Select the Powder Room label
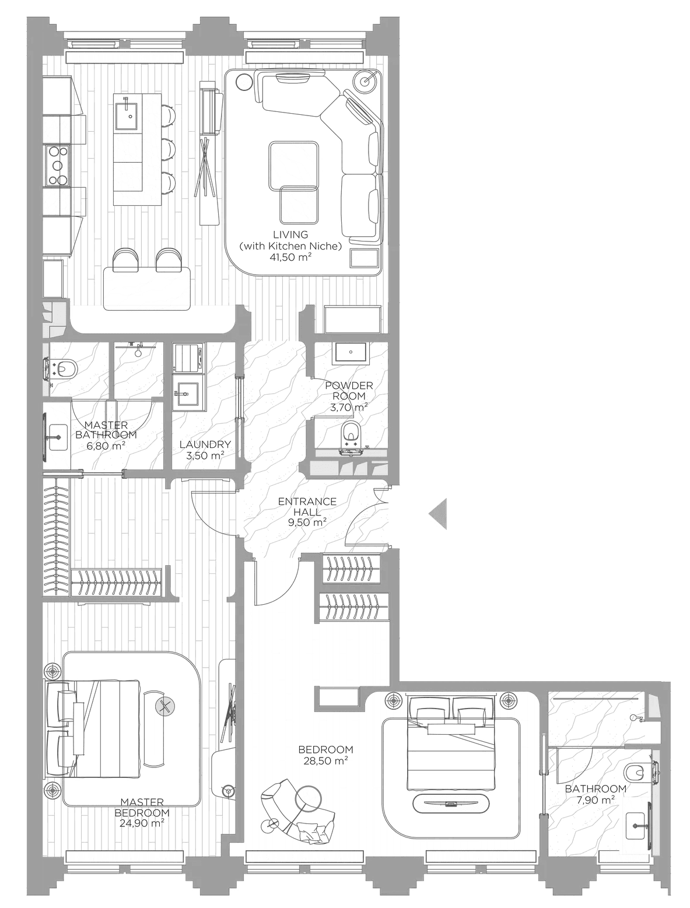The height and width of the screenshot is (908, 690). click(x=349, y=391)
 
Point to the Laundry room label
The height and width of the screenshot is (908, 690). click(x=205, y=445)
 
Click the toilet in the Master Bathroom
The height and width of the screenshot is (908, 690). click(x=62, y=368)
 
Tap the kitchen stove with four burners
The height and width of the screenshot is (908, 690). click(x=57, y=165)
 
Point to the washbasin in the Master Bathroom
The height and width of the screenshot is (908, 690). click(x=57, y=437)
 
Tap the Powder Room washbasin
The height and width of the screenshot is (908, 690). click(x=351, y=352)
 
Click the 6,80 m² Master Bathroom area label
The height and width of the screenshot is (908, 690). click(x=106, y=446)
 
